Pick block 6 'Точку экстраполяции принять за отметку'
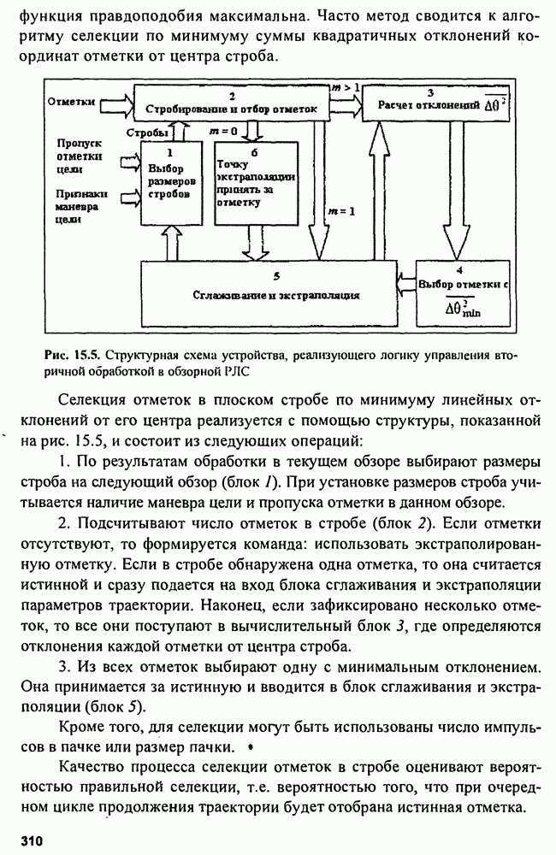point(256,180)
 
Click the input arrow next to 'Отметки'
point(115,103)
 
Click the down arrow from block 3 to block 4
point(447,188)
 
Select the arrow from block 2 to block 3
point(346,103)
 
